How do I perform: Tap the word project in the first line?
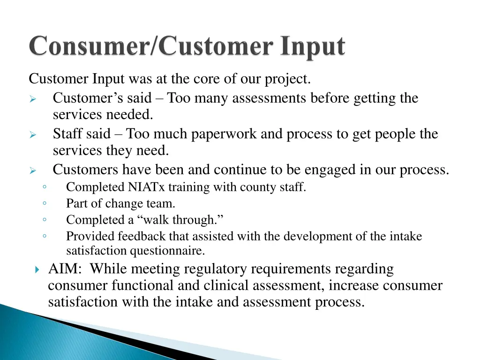[x=287, y=80]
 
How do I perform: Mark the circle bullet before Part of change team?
[x=44, y=203]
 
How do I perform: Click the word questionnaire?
[x=167, y=251]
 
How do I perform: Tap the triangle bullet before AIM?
[x=37, y=270]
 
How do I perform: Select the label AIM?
[x=65, y=269]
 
